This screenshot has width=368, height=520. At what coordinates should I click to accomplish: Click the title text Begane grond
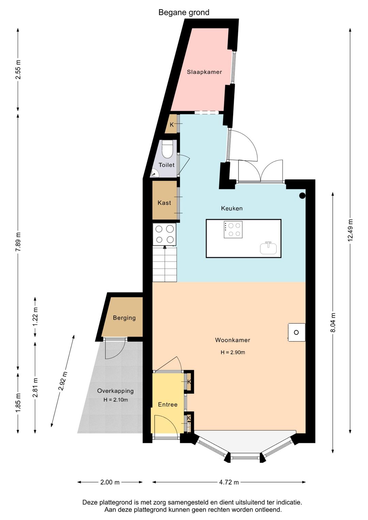(x=184, y=12)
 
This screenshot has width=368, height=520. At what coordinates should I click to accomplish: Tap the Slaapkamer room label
(x=204, y=72)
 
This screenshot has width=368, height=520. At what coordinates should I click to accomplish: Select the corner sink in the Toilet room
(x=154, y=173)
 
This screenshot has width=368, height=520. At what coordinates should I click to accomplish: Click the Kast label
(x=164, y=203)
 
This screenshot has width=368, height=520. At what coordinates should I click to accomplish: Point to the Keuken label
(x=232, y=208)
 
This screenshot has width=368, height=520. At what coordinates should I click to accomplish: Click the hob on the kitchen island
(x=233, y=229)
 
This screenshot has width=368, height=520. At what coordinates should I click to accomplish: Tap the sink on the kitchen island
(x=269, y=248)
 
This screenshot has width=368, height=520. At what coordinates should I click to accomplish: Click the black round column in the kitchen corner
(x=302, y=196)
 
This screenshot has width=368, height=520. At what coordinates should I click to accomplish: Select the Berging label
(x=124, y=318)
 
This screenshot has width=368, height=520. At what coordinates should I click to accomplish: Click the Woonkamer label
(x=232, y=340)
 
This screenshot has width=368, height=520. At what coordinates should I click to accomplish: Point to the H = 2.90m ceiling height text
(x=233, y=352)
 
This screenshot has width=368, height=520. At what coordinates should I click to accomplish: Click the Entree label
(x=168, y=404)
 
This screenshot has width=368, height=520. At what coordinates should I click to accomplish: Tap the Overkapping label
(x=116, y=391)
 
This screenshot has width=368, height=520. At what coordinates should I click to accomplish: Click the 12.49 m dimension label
(x=350, y=230)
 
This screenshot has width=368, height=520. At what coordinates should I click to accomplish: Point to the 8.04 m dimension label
(x=333, y=323)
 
